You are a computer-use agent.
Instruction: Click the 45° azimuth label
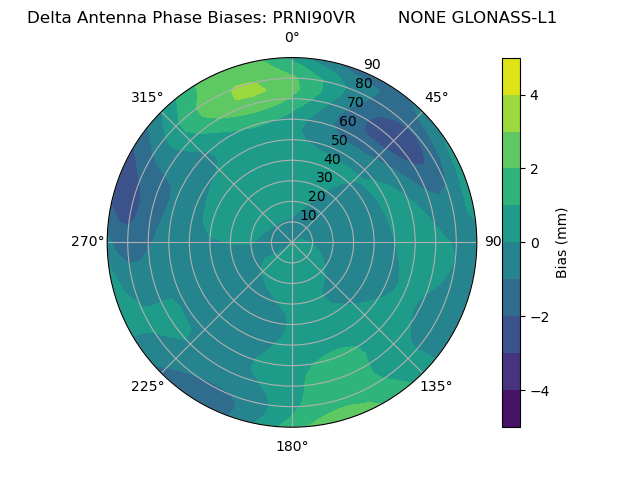pos(436,97)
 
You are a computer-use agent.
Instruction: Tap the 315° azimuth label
pos(147,97)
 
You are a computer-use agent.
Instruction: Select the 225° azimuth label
pos(147,386)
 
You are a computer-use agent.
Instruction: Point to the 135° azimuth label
pos(436,386)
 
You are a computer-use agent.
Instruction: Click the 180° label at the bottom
pos(292,446)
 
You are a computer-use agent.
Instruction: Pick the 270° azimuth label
pos(87,241)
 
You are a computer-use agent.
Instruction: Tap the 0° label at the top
pos(292,38)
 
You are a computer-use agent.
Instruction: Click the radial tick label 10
pos(308,215)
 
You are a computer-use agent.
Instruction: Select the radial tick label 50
pos(340,140)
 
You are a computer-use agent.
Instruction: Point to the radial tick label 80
pos(364,83)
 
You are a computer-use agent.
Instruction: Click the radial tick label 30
pos(324,178)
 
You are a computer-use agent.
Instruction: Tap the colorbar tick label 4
pos(534,95)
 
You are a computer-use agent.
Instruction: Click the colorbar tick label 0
pos(534,242)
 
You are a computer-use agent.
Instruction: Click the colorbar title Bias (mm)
pos(562,242)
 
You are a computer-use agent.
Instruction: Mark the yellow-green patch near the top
pos(248,91)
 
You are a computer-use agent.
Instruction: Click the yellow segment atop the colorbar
pos(511,76)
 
